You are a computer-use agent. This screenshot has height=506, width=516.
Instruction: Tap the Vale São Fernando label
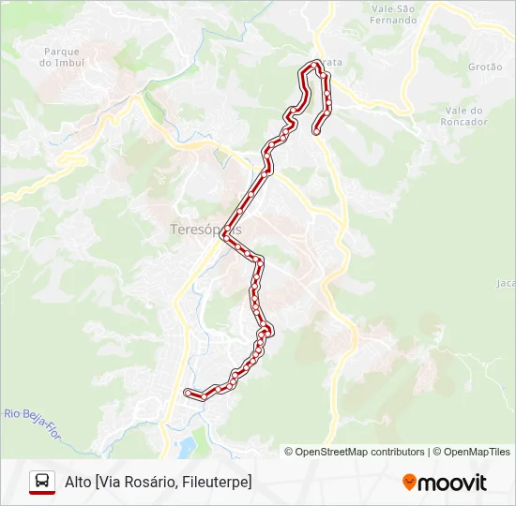392,14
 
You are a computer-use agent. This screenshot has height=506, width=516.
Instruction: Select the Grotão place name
485,67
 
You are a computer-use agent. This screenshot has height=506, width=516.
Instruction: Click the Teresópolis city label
205,229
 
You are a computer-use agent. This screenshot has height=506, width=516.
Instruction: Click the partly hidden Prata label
331,62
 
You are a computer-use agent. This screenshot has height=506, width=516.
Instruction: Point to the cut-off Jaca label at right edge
506,282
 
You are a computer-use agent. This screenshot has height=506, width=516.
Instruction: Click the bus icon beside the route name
42,482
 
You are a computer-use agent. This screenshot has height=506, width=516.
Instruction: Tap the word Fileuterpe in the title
217,482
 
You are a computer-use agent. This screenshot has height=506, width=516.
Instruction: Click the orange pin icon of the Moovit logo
409,483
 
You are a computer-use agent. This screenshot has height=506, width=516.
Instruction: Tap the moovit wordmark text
452,483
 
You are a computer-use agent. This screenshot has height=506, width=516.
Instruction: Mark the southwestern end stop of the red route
188,392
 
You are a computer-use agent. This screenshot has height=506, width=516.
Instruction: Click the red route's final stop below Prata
316,131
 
